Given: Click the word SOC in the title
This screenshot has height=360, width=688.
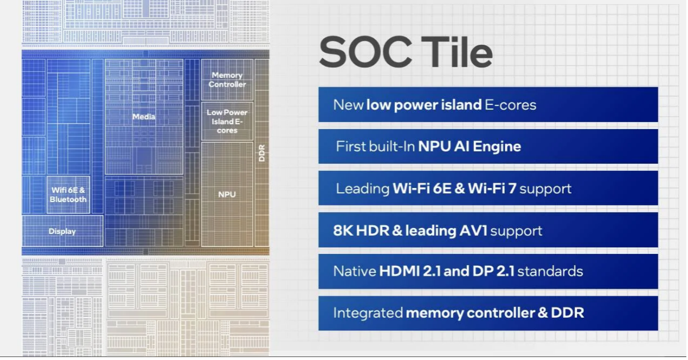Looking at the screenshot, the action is [366, 52].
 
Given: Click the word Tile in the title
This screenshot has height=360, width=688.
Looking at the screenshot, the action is [457, 52].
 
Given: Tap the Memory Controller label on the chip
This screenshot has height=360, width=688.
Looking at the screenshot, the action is [227, 80].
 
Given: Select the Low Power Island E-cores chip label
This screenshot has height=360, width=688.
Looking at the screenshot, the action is [227, 121].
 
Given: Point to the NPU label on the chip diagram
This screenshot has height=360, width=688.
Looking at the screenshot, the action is [227, 194].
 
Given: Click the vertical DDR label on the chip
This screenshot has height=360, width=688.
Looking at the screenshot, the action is [262, 153].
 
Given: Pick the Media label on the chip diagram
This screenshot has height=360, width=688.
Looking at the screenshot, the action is [144, 117].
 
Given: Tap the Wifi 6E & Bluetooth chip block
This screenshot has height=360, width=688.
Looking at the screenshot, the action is [68, 194].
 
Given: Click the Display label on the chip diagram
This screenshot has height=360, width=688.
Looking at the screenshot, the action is [62, 231].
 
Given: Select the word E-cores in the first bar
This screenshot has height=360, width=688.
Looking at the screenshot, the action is [511, 105].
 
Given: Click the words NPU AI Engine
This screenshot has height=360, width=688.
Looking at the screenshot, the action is [469, 147].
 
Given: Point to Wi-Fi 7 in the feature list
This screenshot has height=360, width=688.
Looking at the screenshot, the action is [492, 189].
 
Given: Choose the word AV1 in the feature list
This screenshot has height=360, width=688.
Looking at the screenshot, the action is [473, 230].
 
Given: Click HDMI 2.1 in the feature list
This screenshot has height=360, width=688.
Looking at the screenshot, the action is [410, 271].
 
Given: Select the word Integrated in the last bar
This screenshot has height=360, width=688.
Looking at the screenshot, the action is [368, 313].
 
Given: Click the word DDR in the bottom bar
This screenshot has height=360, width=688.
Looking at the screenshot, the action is [567, 313].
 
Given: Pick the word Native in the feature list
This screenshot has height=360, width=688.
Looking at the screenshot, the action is [354, 271].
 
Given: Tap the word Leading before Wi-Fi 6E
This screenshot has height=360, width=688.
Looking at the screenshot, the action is [363, 189].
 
